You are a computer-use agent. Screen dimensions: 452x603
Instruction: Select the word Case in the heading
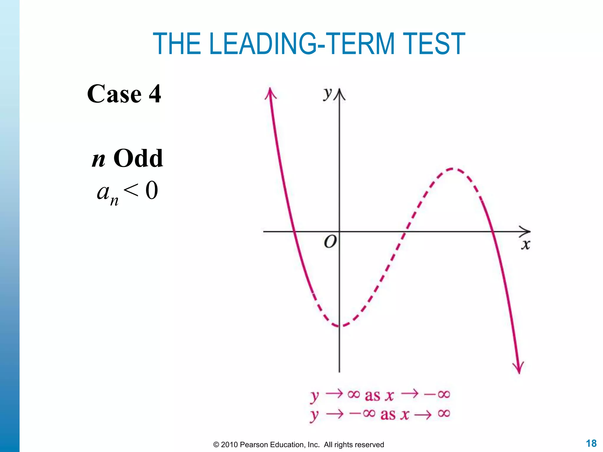[114, 94]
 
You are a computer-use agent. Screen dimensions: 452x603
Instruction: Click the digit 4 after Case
[155, 94]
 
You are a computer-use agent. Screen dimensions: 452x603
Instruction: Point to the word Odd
[138, 158]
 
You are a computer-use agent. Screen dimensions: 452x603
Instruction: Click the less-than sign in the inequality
[131, 190]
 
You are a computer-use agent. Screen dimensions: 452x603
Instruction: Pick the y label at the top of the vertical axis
[327, 94]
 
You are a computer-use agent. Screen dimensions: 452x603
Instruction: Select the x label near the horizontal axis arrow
[526, 245]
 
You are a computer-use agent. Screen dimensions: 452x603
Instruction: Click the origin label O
[330, 242]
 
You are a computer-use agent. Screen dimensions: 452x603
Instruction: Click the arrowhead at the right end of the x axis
[526, 232]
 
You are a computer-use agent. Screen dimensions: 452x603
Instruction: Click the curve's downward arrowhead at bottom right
[518, 368]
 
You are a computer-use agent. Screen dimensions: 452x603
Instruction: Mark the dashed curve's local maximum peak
[452, 169]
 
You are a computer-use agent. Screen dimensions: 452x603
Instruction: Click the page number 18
[591, 443]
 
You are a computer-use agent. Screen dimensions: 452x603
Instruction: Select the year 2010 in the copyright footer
[229, 445]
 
